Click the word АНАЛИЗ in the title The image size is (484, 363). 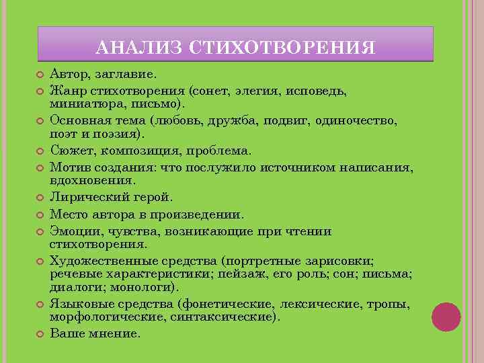pyautogui.click(x=139, y=47)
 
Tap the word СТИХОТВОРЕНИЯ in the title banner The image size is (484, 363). pyautogui.click(x=282, y=47)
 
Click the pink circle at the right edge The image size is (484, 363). pyautogui.click(x=446, y=317)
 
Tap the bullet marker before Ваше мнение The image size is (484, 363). pyautogui.click(x=40, y=333)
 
